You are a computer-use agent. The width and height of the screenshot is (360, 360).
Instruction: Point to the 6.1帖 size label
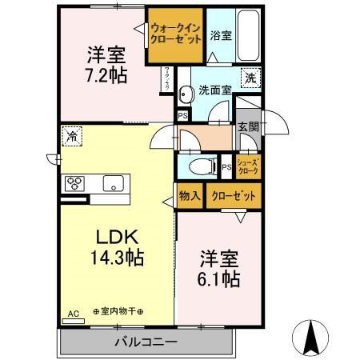pyautogui.click(x=219, y=278)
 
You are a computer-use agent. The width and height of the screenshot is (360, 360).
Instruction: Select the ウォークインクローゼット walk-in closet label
pyautogui.click(x=175, y=33)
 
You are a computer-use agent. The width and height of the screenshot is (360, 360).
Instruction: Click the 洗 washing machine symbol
pyautogui.click(x=250, y=78)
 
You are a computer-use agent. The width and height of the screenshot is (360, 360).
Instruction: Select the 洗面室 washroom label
pyautogui.click(x=216, y=90)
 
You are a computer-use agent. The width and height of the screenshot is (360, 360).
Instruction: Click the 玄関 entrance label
pyautogui.click(x=248, y=127)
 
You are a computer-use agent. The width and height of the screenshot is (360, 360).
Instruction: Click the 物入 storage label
pyautogui.click(x=190, y=195)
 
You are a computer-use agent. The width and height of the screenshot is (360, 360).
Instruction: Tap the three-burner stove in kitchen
pyautogui.click(x=77, y=183)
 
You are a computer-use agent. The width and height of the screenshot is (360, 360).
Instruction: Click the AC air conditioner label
pyautogui.click(x=74, y=314)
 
